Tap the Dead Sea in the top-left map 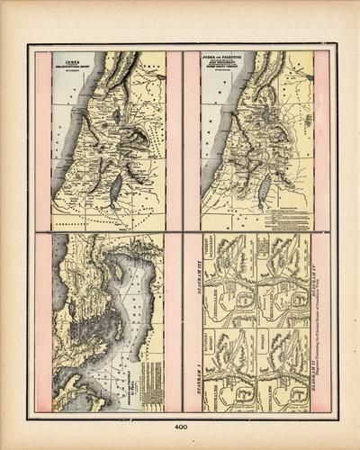[114, 189]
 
